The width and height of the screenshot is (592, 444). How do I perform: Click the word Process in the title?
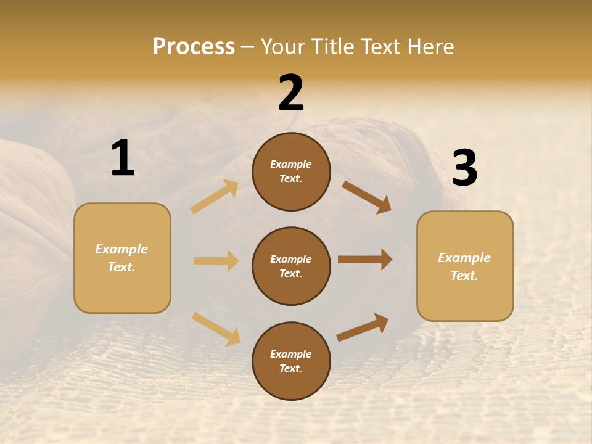194,47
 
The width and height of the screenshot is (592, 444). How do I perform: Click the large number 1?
123,158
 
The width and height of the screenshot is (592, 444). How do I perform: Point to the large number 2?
291,93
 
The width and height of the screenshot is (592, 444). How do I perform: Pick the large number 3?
464,168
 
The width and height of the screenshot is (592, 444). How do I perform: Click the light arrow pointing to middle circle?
216,261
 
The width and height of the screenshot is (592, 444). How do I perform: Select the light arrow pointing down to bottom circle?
216,328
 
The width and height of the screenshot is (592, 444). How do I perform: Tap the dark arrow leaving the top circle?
367,197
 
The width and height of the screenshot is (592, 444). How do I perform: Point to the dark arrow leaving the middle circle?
365,260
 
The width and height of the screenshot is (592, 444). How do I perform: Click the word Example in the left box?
121,249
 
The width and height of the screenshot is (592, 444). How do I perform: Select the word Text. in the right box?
464,276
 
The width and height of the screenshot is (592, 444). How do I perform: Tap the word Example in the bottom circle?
291,354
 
